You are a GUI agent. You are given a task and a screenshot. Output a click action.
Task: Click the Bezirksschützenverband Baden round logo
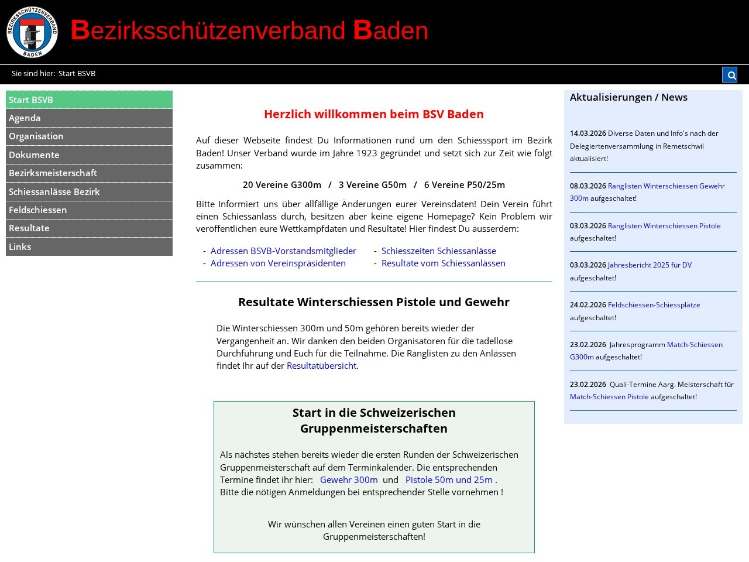tap(32, 32)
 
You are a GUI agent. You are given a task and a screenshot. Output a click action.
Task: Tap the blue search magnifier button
tap(729, 74)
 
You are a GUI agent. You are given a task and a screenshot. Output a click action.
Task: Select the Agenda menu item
tap(25, 118)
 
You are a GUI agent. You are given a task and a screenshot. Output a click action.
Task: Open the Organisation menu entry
tap(36, 136)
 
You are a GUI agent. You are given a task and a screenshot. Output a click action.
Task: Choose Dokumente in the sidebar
tap(34, 155)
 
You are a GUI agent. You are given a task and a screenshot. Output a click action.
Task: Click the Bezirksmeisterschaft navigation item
tap(53, 173)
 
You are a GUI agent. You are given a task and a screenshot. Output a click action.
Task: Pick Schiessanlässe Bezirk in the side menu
tap(54, 191)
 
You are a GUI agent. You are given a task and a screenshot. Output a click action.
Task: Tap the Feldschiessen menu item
tap(37, 210)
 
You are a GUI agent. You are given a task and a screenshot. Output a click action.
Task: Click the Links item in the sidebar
tap(20, 246)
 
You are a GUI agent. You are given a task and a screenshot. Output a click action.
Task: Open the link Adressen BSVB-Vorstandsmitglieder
tap(283, 251)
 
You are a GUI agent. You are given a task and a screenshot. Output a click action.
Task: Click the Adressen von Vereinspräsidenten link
tap(278, 263)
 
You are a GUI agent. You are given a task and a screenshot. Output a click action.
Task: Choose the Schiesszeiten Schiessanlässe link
tap(438, 251)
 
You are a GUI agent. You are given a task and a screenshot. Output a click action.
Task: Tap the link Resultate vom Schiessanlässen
tap(443, 263)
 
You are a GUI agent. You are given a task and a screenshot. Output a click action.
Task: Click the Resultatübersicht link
tap(321, 365)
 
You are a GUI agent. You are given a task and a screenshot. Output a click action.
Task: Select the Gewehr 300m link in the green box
tap(349, 479)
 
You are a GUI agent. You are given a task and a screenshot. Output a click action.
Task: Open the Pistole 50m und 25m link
tap(449, 479)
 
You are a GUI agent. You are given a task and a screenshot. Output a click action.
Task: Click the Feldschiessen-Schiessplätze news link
tap(654, 304)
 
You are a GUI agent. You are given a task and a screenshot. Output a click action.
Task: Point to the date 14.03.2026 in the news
tap(587, 133)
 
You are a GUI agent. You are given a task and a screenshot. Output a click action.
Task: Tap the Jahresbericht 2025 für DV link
tap(650, 265)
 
